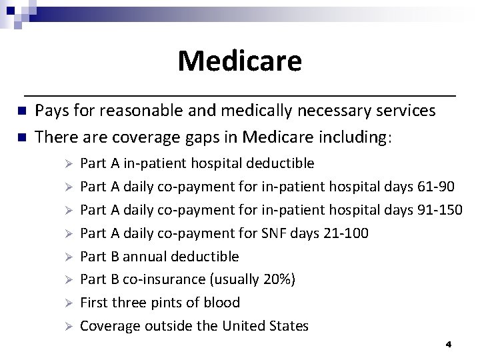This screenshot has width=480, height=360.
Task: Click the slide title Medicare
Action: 239,61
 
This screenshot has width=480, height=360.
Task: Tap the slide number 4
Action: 449,345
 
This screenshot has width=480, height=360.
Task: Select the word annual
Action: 146,257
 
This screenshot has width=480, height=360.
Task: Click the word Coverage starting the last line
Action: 107,326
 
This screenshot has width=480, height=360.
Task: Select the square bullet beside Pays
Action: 21,111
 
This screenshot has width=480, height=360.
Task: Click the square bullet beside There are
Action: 21,137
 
